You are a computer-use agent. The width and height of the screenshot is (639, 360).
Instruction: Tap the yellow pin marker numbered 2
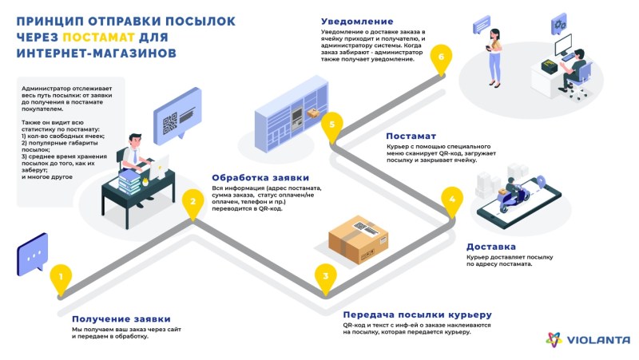[x=192, y=202]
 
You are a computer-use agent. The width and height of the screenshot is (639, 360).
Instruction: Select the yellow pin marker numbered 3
[x=323, y=277]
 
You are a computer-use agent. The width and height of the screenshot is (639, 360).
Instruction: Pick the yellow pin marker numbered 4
[x=452, y=200]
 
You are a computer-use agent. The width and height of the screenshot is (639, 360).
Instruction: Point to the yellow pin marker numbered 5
[x=332, y=125]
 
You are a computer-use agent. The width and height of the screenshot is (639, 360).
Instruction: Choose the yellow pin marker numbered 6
[x=440, y=55]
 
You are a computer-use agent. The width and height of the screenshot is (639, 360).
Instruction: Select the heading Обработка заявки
[x=260, y=177]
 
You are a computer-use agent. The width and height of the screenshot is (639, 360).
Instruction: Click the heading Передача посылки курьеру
[x=416, y=315]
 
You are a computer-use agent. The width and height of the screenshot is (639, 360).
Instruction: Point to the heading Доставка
[x=491, y=247]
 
